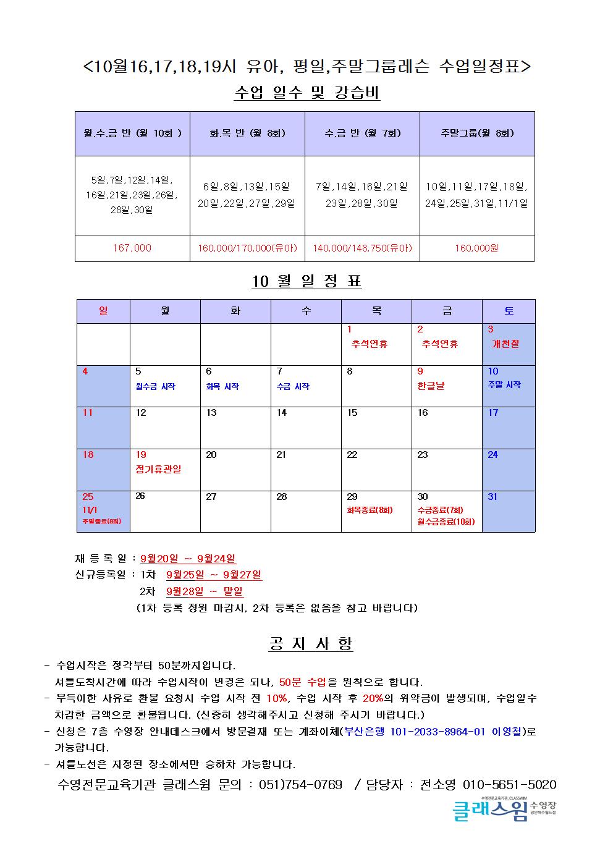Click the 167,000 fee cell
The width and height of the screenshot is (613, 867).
pyautogui.click(x=132, y=248)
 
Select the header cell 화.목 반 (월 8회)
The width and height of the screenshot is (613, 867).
pyautogui.click(x=247, y=133)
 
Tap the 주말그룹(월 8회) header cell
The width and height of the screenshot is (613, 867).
pyautogui.click(x=477, y=133)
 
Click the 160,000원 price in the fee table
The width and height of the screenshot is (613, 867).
pyautogui.click(x=477, y=248)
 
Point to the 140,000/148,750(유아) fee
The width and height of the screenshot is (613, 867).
pyautogui.click(x=362, y=248)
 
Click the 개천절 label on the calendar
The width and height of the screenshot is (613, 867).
pyautogui.click(x=505, y=344)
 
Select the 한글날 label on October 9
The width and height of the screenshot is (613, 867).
pyautogui.click(x=431, y=386)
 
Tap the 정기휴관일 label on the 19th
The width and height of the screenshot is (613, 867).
pyautogui.click(x=158, y=469)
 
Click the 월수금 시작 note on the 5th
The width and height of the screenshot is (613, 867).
pyautogui.click(x=155, y=386)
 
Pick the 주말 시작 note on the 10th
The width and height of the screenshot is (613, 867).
pyautogui.click(x=504, y=384)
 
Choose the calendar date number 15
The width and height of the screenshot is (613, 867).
pyautogui.click(x=352, y=413)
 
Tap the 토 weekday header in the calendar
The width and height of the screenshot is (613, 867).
pyautogui.click(x=509, y=311)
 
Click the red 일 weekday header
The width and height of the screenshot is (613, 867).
pyautogui.click(x=103, y=311)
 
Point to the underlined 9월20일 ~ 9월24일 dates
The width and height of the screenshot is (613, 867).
pyautogui.click(x=188, y=559)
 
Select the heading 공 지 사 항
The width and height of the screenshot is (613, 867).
pyautogui.click(x=311, y=644)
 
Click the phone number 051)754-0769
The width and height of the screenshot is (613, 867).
pyautogui.click(x=300, y=785)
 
